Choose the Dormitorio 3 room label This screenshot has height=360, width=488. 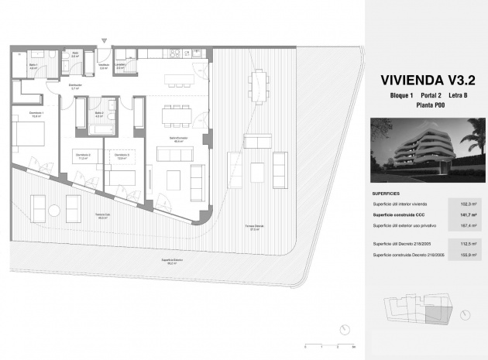click(121, 156)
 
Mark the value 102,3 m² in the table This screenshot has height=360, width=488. click(468, 204)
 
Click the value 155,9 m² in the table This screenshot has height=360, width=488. click(468, 255)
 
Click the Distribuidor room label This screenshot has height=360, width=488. click(76, 87)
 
